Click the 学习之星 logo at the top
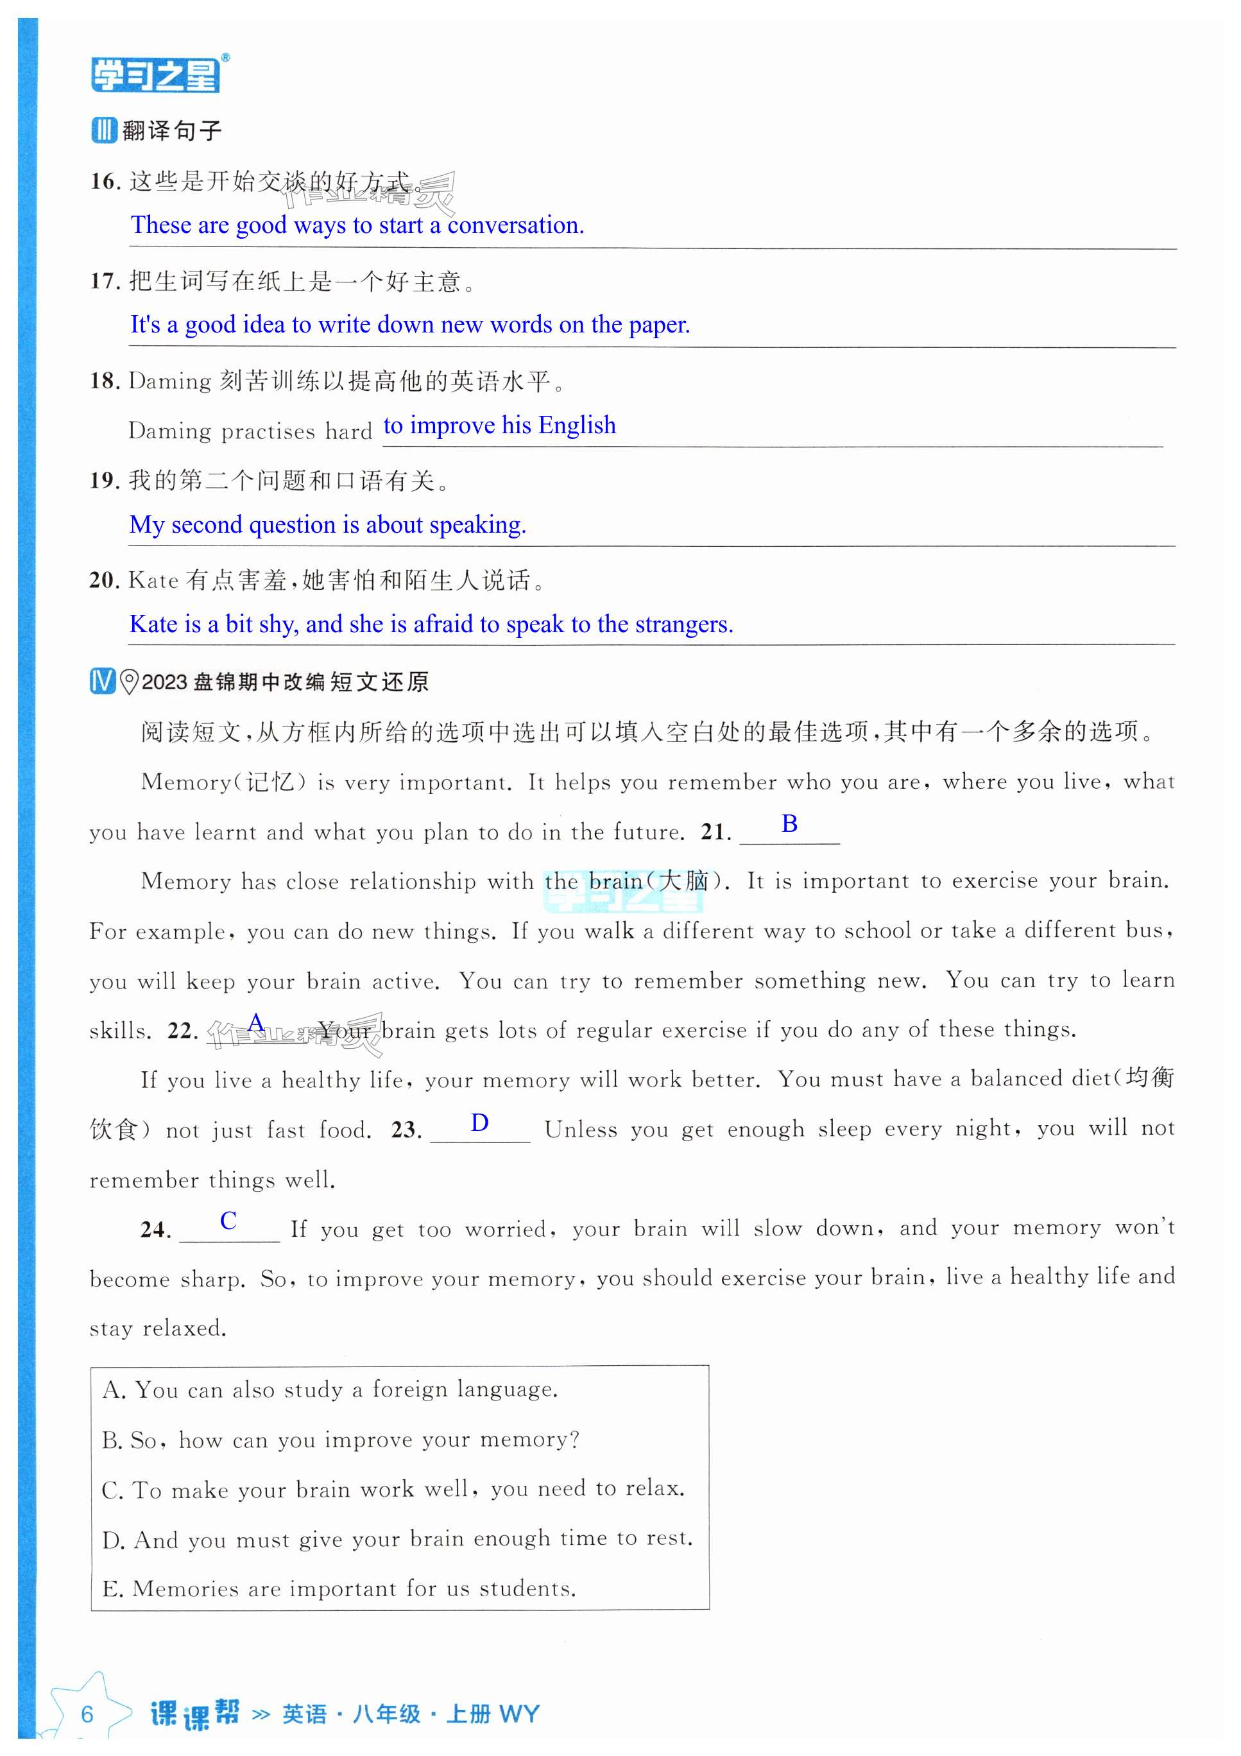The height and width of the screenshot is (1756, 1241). click(156, 75)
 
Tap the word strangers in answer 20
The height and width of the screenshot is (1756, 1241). click(683, 625)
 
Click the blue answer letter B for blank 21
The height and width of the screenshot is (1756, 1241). click(789, 823)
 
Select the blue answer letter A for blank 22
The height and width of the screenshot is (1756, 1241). click(255, 1022)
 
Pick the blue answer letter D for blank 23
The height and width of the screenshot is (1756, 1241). click(479, 1123)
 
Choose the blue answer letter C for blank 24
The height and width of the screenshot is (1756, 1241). click(228, 1221)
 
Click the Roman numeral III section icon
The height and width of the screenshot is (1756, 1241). click(103, 130)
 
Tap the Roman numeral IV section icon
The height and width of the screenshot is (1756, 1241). click(103, 681)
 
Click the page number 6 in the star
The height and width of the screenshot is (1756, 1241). click(87, 1714)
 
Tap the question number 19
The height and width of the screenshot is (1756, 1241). click(104, 480)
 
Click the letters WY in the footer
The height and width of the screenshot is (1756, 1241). click(519, 1714)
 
